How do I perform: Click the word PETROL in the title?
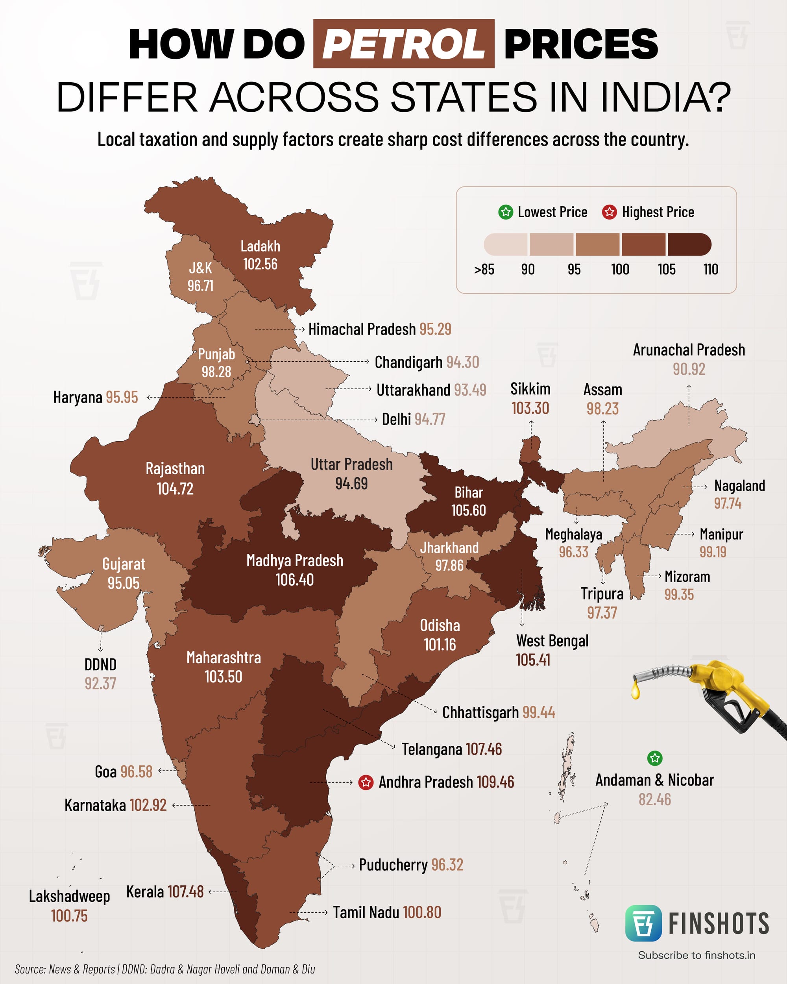403,44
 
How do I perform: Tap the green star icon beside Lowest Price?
506,212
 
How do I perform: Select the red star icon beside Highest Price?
609,212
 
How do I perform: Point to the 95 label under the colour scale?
574,269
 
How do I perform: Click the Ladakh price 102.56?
260,264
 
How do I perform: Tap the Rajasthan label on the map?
175,469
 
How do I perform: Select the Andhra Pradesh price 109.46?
495,782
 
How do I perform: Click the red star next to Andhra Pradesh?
366,782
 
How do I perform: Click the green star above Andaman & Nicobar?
655,758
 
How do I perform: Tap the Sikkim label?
530,389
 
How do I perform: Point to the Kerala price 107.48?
185,892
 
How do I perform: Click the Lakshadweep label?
69,896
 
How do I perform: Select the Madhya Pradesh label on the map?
295,560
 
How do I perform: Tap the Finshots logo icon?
643,923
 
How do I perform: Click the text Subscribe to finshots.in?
696,955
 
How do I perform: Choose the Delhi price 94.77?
430,419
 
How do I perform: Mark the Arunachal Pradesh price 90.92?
689,369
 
